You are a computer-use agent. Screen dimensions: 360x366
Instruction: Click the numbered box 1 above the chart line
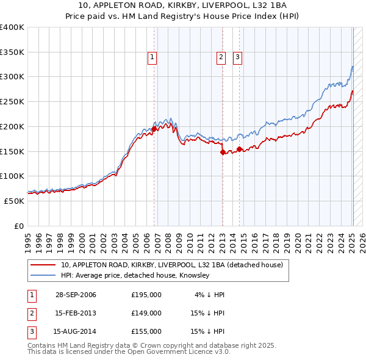pyautogui.click(x=152, y=58)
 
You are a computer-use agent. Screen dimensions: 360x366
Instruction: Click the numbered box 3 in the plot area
pyautogui.click(x=237, y=58)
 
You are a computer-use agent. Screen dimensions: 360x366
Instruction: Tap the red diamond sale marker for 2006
pyautogui.click(x=154, y=129)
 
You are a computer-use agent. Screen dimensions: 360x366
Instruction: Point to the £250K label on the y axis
pyautogui.click(x=12, y=102)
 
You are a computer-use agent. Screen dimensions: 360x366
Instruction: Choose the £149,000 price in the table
pyautogui.click(x=146, y=313)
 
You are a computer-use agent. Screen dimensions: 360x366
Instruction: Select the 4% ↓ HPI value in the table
pyautogui.click(x=210, y=295)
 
